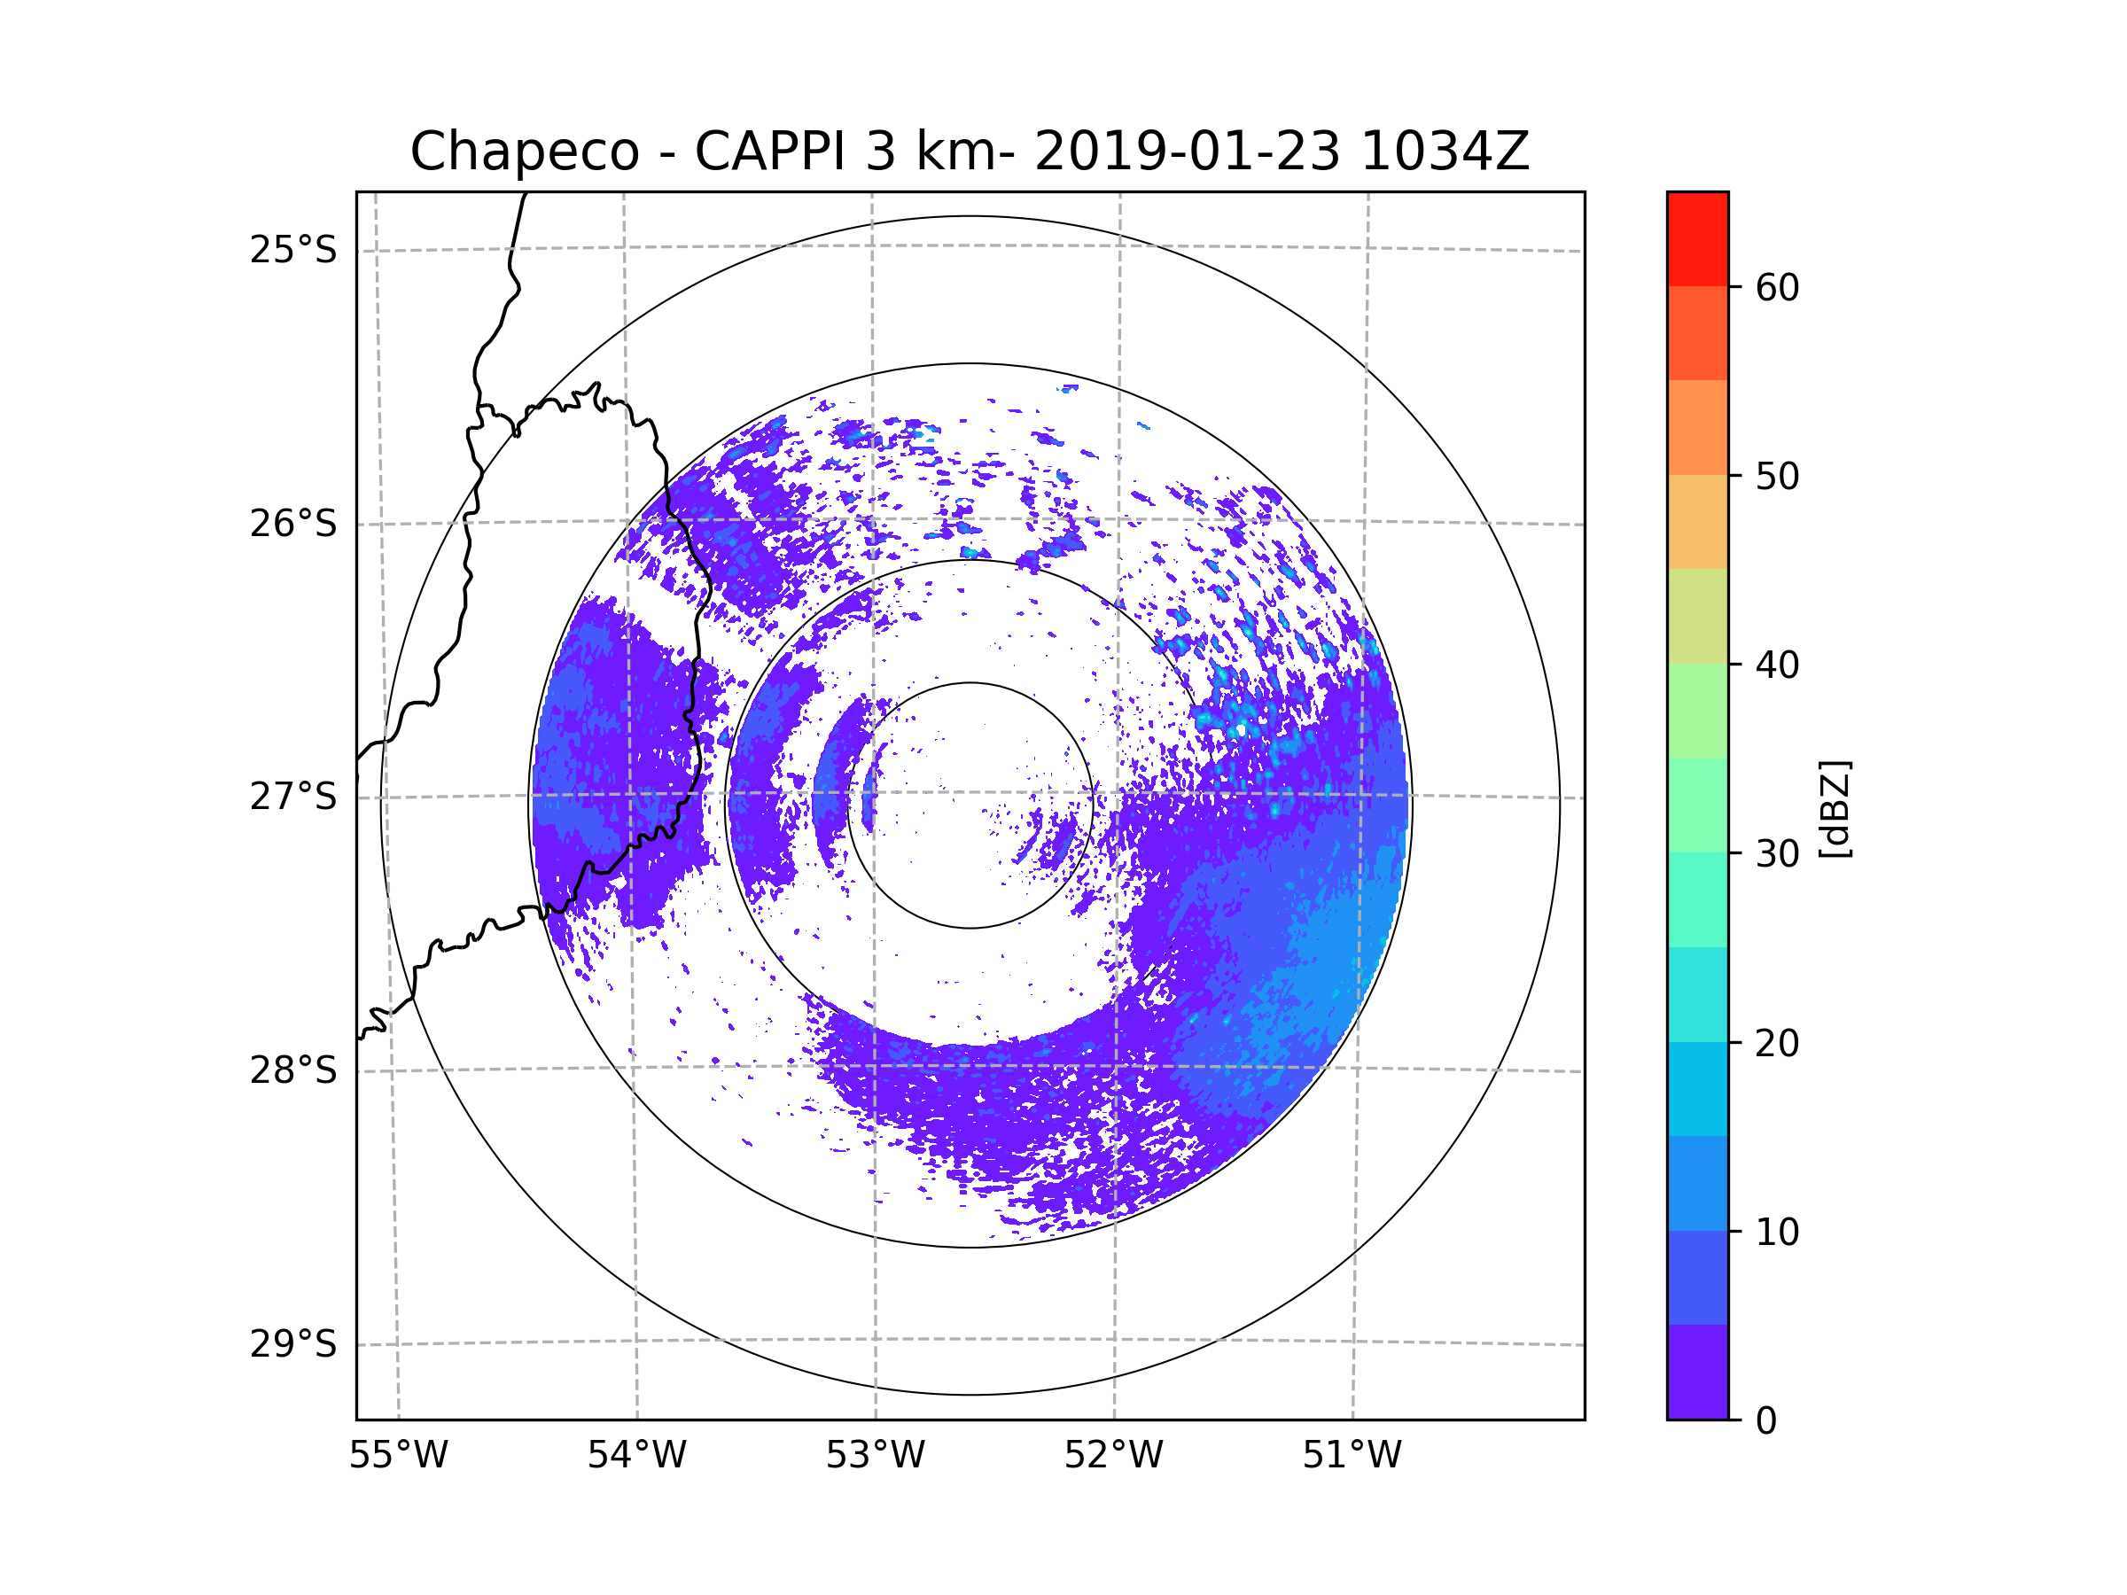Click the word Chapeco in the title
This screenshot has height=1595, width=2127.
tap(524, 152)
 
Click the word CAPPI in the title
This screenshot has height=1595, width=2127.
tap(770, 152)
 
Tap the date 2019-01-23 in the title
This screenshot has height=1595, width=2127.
tap(1187, 152)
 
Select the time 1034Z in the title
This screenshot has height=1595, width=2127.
tap(1445, 152)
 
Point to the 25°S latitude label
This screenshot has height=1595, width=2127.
tap(293, 250)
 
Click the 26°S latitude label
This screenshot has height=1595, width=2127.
tap(293, 524)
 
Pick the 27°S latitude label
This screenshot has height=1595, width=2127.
tap(293, 797)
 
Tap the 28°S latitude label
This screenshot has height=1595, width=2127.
tap(293, 1070)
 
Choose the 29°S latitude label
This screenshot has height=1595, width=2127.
tap(293, 1344)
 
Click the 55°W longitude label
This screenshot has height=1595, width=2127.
tap(398, 1456)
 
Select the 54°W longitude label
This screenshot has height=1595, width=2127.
tap(636, 1456)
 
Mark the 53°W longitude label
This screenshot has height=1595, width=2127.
tap(875, 1456)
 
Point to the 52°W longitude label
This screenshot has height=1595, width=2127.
tap(1113, 1456)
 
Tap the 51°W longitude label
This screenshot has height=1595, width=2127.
tap(1352, 1456)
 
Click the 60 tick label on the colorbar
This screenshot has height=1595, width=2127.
tap(1777, 287)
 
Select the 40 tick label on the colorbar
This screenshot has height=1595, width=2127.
tap(1777, 665)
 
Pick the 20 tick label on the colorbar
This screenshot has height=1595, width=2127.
tap(1777, 1043)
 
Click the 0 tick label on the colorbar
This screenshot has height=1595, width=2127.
tap(1766, 1421)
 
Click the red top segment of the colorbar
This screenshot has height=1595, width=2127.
tap(1697, 238)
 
